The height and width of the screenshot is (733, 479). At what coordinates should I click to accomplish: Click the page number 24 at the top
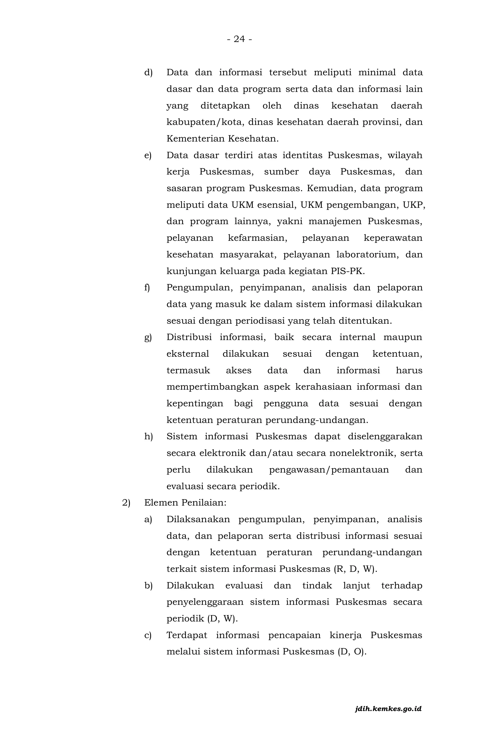tap(239, 39)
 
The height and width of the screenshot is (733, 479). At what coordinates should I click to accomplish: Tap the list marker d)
tap(148, 73)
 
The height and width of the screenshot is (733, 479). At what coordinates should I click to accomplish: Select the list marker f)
tap(147, 287)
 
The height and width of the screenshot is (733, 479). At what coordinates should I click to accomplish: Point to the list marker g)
tap(148, 337)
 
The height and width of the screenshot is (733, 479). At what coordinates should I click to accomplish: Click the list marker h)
tap(148, 436)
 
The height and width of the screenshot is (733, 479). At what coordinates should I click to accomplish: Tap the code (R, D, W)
tap(355, 569)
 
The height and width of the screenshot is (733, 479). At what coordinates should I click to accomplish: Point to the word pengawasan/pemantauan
tap(329, 470)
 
